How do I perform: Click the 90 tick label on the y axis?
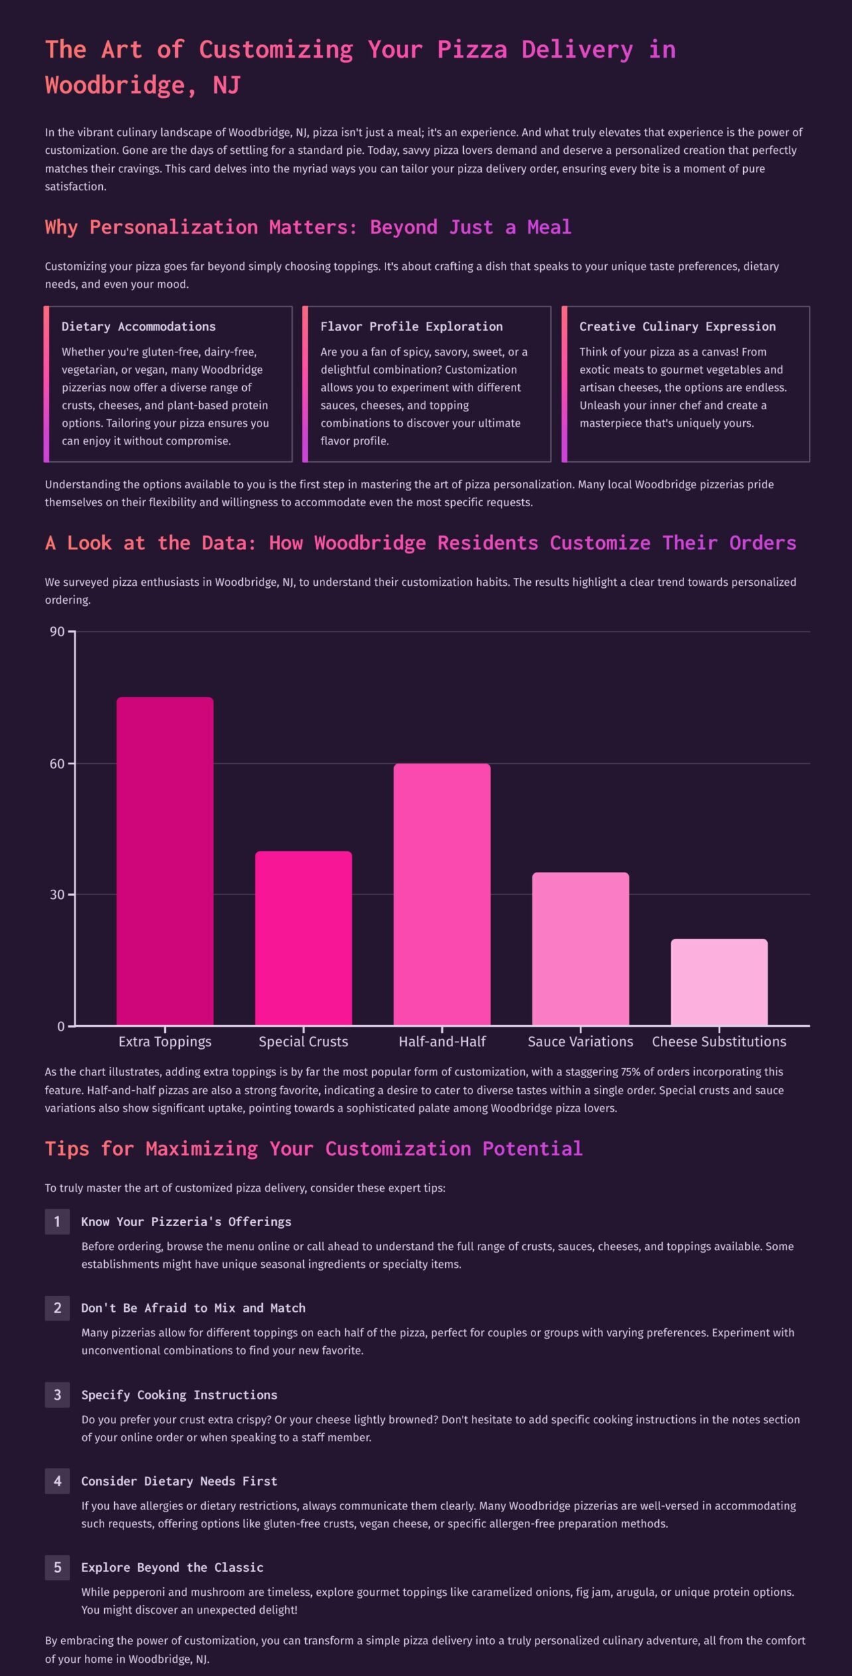click(57, 632)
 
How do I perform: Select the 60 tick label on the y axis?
click(57, 764)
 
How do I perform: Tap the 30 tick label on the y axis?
click(57, 894)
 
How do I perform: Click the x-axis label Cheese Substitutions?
click(719, 1042)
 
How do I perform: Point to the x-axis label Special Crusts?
click(303, 1042)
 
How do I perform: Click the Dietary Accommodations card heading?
click(139, 326)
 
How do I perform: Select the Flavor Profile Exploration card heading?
click(411, 326)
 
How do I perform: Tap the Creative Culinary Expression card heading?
click(677, 326)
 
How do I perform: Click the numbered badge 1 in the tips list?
click(57, 1222)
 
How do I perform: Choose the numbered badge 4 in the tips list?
click(57, 1481)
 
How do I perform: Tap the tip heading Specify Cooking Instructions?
click(179, 1395)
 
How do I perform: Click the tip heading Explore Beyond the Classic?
click(173, 1567)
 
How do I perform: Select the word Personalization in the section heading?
click(173, 227)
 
